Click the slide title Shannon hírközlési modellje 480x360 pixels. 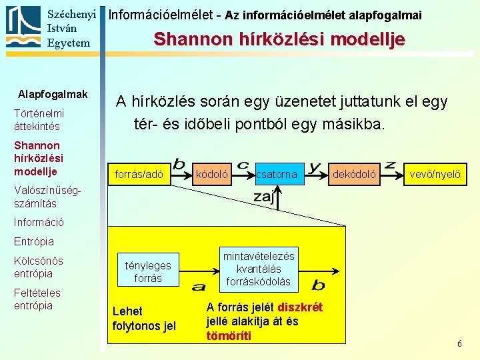coord(279,39)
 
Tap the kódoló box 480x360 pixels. coord(211,175)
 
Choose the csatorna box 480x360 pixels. coord(277,175)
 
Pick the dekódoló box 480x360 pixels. coord(354,175)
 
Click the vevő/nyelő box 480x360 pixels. coord(434,175)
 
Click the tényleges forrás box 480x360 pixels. coord(148,272)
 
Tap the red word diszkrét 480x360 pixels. coord(300,307)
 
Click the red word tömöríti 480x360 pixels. coord(229,335)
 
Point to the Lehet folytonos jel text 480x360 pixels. coord(144,319)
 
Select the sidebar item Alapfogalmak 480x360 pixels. coord(53,94)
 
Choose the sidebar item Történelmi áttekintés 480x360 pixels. coord(39,119)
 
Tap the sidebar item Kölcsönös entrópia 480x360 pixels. coord(39,267)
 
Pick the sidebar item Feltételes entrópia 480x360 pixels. coord(37,299)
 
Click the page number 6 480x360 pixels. coord(459,343)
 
